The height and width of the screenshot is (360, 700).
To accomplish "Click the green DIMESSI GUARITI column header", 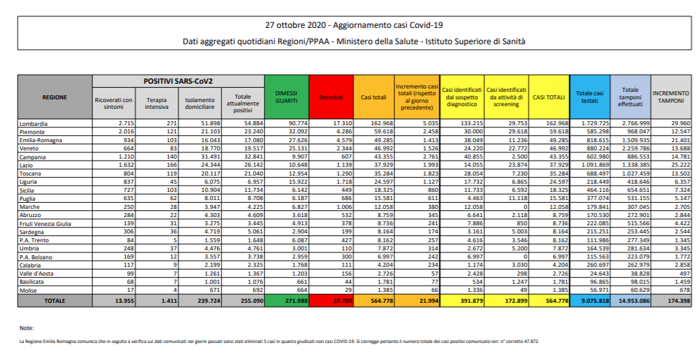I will [x=286, y=97].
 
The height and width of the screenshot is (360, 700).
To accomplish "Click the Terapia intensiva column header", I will [x=156, y=103].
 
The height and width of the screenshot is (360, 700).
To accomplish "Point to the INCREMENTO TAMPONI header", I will [x=671, y=97].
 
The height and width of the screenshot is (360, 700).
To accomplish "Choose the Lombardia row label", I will [x=34, y=123].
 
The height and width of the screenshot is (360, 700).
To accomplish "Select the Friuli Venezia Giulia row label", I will [x=46, y=222].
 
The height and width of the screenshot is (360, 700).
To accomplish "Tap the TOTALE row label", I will [x=54, y=299].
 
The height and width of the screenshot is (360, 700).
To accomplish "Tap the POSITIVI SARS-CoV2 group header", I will [x=178, y=81].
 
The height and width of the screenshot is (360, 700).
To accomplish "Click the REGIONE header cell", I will [x=54, y=97].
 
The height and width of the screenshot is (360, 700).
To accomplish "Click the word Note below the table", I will [x=27, y=327].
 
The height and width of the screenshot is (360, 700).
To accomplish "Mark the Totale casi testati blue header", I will [x=589, y=97].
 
